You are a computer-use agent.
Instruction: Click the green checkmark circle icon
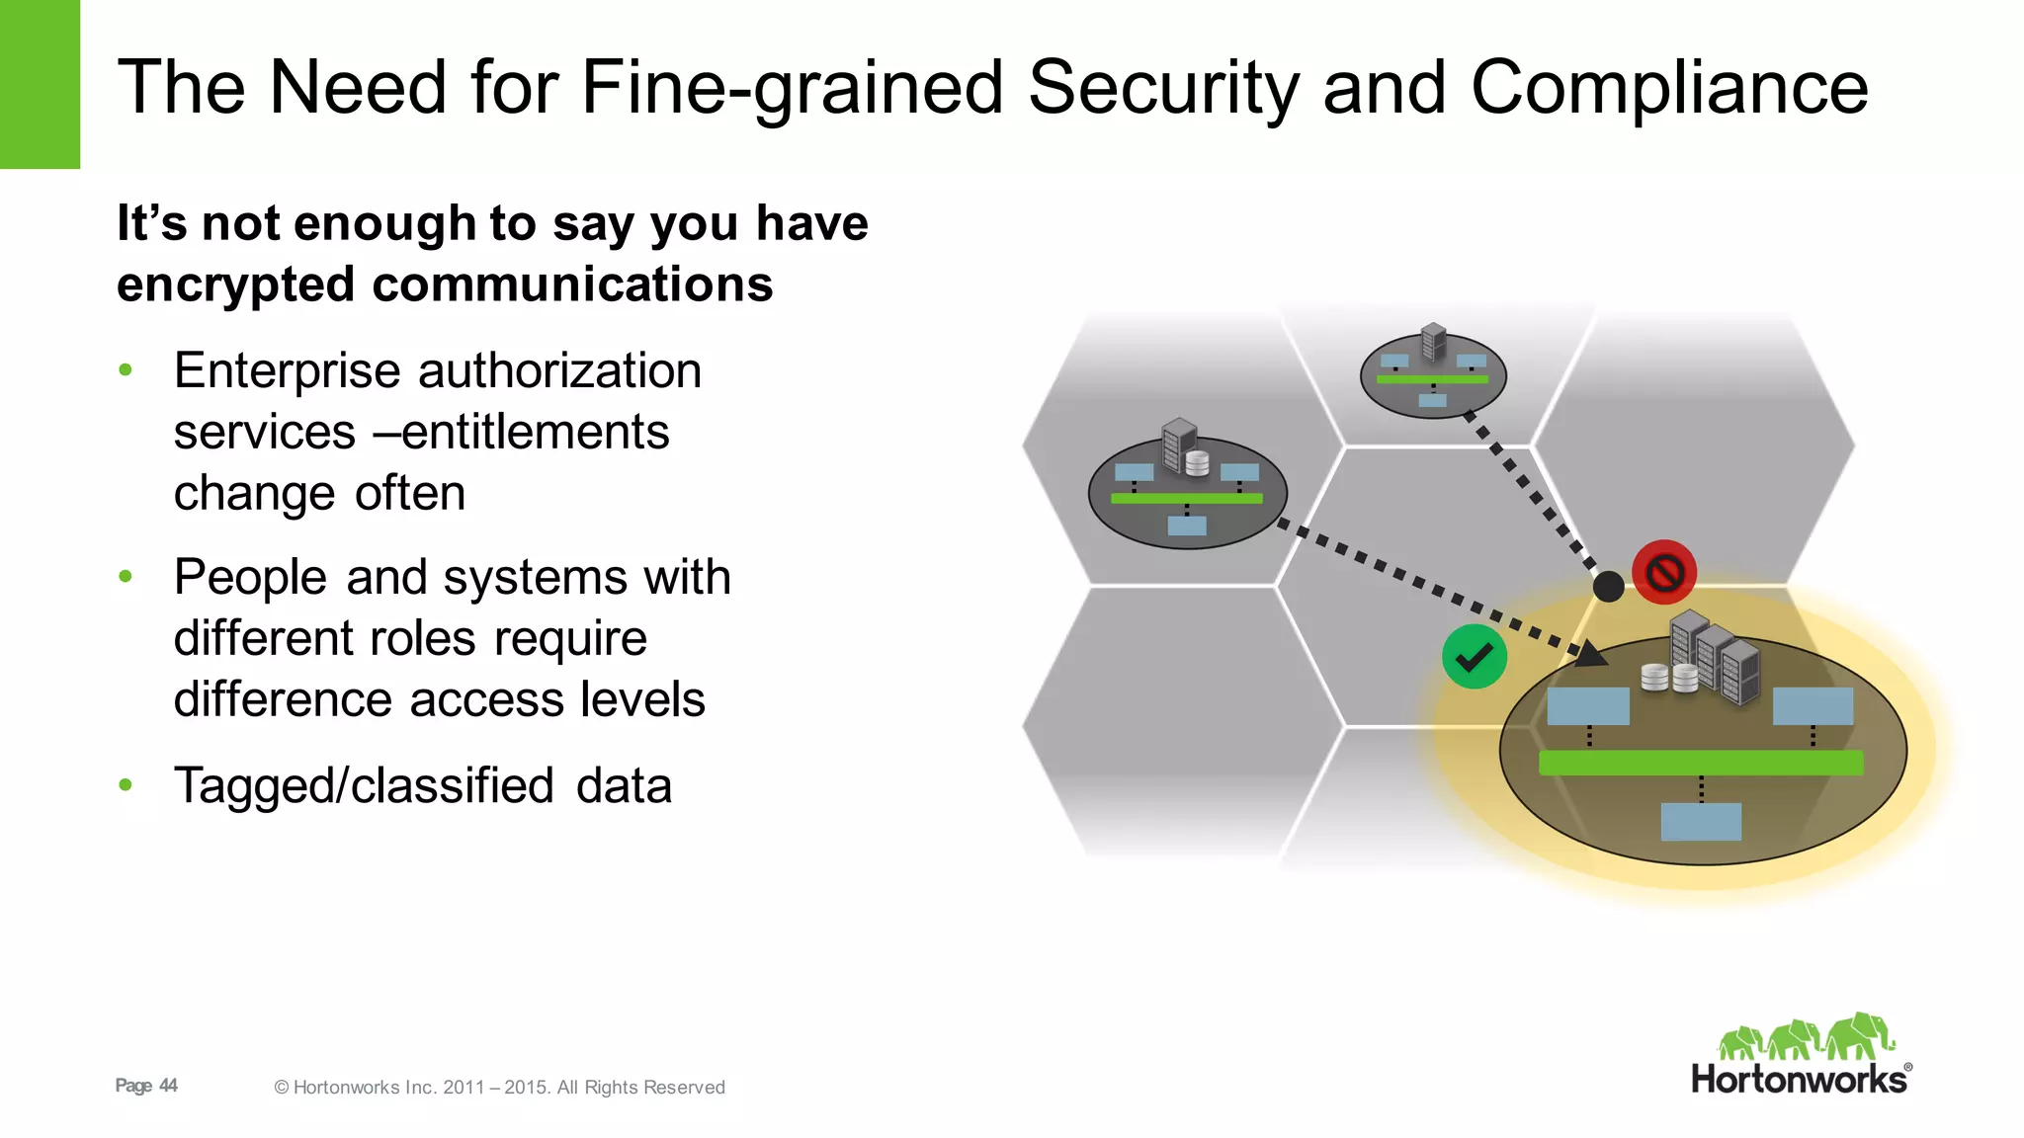pos(1474,657)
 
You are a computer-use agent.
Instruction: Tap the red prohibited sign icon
pos(1664,572)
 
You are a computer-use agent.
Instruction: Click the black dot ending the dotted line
pos(1608,587)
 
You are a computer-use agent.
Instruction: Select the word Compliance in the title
pos(1669,88)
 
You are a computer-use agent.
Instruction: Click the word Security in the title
pos(1164,88)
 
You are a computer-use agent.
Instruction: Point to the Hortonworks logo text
pos(1800,1079)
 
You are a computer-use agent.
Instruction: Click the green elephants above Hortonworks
pos(1806,1037)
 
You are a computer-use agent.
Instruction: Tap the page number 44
pos(168,1086)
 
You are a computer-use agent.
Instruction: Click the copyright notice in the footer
pos(499,1088)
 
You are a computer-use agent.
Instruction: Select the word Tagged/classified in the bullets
pos(364,786)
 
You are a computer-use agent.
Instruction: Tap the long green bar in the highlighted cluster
pos(1700,763)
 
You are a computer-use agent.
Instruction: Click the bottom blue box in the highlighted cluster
pos(1700,822)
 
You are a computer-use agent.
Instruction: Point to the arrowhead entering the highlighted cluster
pos(1588,653)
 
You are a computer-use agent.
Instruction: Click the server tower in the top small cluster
pos(1433,342)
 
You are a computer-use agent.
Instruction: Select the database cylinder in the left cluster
pos(1197,462)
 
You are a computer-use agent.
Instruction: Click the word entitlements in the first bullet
pos(535,433)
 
